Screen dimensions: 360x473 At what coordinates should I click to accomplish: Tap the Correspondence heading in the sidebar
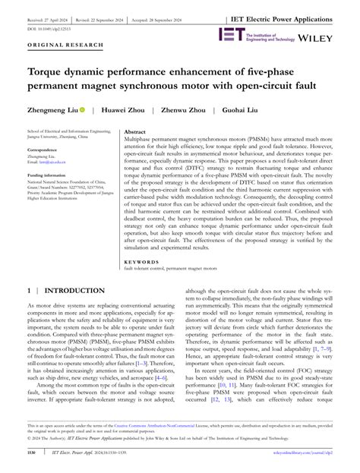tap(43, 150)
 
